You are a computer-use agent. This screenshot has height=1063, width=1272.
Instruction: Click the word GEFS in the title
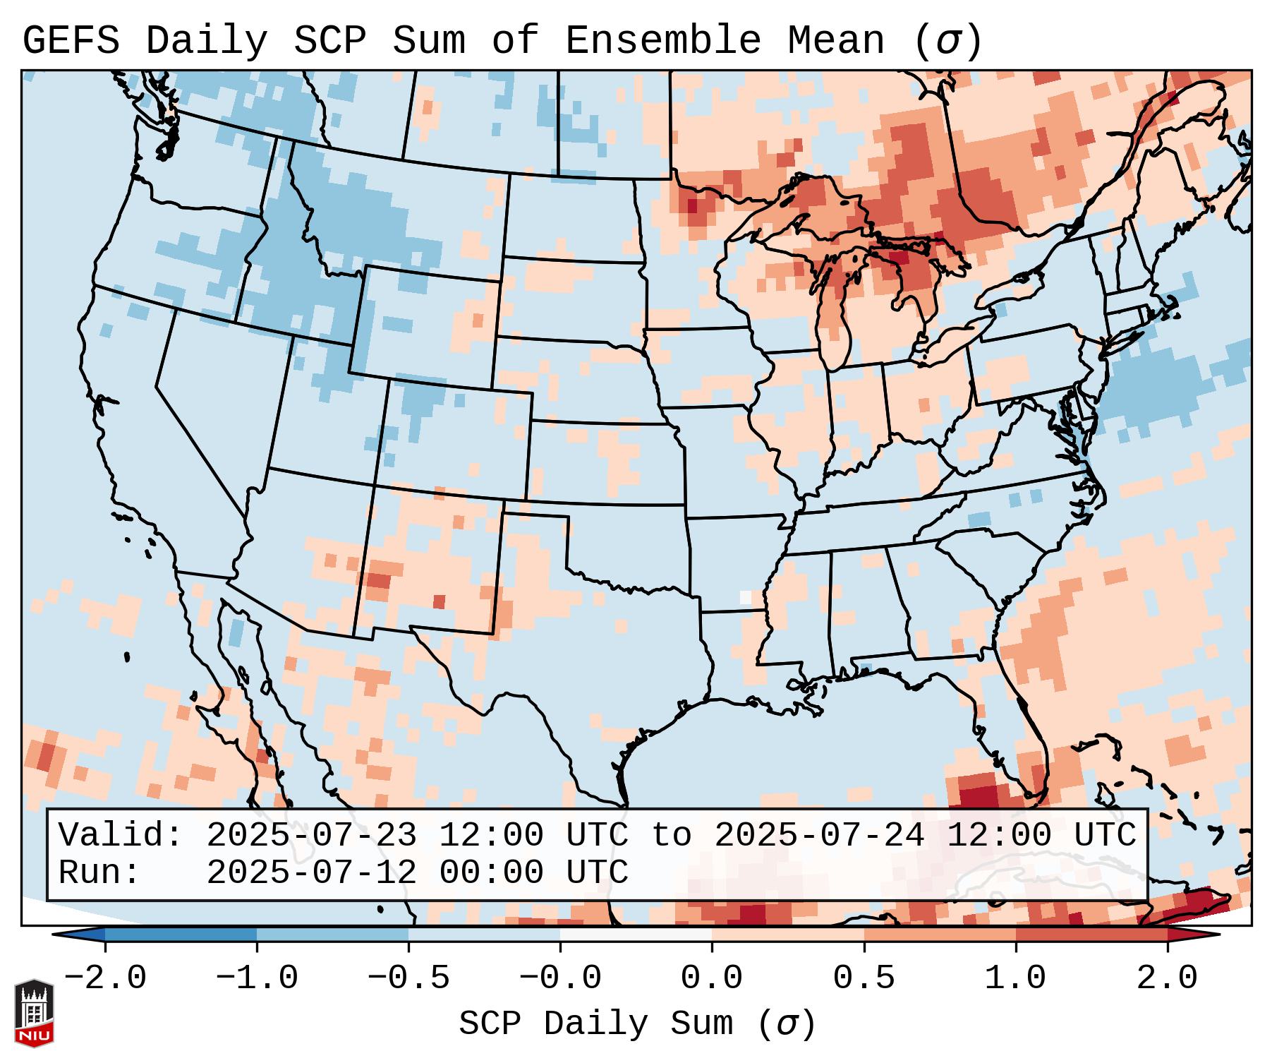click(71, 41)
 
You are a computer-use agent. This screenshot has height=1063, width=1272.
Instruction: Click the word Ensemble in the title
click(663, 41)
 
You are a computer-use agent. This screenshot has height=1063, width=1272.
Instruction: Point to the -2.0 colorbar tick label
click(105, 978)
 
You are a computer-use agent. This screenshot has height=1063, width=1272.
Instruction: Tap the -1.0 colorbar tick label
click(257, 978)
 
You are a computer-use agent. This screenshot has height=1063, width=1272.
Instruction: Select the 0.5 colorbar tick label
click(864, 978)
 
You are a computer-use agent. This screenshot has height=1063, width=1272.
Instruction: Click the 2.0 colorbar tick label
click(1168, 978)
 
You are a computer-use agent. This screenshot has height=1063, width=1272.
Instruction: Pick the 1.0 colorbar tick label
click(1016, 978)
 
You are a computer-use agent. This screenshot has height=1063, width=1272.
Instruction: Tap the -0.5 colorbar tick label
click(408, 978)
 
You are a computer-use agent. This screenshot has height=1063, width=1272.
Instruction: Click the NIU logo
click(34, 1012)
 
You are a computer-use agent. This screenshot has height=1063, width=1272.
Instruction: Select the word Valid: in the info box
click(121, 836)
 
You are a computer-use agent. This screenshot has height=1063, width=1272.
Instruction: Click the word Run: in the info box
click(99, 872)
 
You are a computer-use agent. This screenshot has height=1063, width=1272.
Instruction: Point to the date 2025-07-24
click(819, 836)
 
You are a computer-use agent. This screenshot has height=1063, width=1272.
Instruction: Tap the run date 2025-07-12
click(311, 872)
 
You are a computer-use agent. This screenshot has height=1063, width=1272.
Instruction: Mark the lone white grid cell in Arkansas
click(745, 597)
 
